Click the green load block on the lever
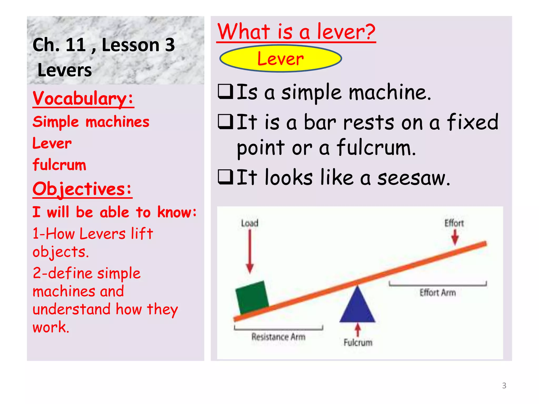pyautogui.click(x=252, y=297)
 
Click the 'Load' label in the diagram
pyautogui.click(x=249, y=223)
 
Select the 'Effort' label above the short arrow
pyautogui.click(x=454, y=223)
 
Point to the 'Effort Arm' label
pyautogui.click(x=437, y=292)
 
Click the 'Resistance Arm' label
pyautogui.click(x=278, y=337)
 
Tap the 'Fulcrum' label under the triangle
pyautogui.click(x=358, y=342)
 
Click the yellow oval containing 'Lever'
pyautogui.click(x=281, y=58)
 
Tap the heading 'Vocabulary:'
pyautogui.click(x=83, y=98)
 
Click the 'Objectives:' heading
pyautogui.click(x=82, y=189)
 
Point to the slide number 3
pyautogui.click(x=504, y=386)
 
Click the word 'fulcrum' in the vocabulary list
pyautogui.click(x=59, y=165)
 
